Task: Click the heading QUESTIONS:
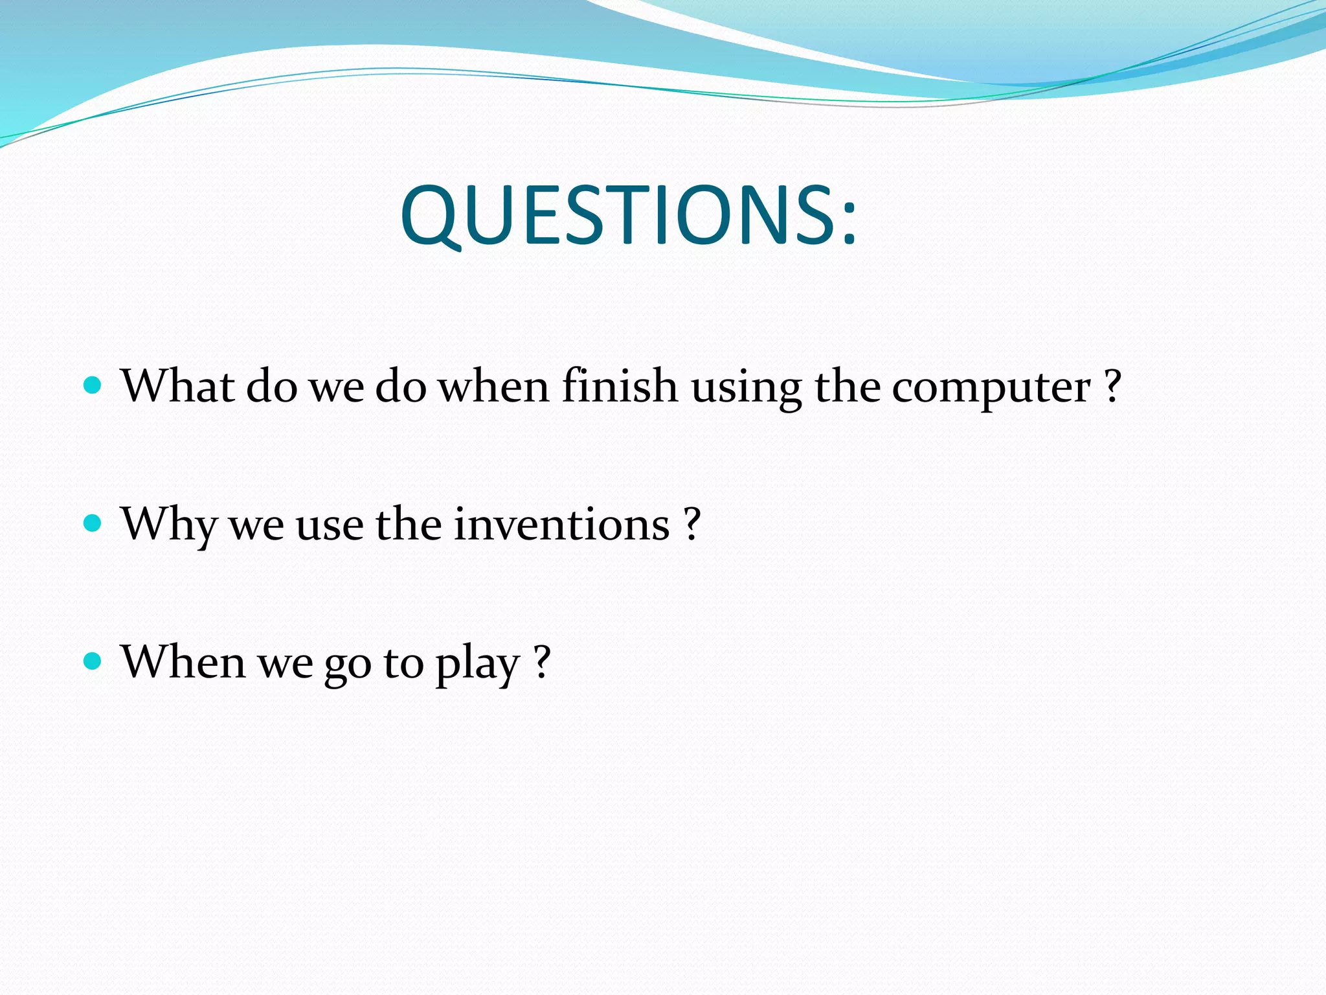pos(628,215)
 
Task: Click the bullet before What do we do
pos(93,386)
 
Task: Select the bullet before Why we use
pos(93,523)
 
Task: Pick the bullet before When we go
pos(93,661)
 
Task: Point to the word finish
pos(620,386)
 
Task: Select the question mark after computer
pos(1112,386)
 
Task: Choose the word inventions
pos(561,523)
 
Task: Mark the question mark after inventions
pos(692,523)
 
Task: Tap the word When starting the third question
pos(183,661)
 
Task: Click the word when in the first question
pos(493,386)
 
